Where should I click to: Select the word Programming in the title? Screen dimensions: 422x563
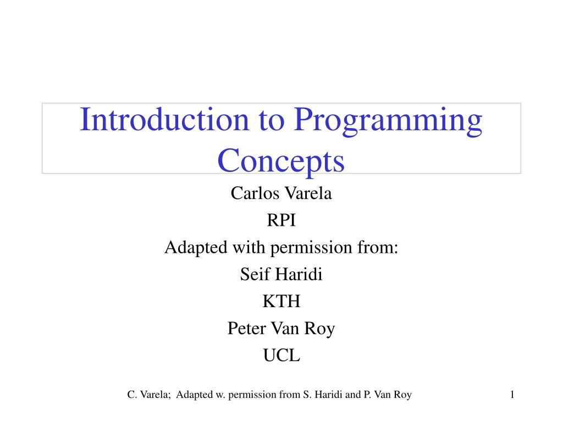pyautogui.click(x=388, y=122)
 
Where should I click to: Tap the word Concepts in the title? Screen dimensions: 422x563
pyautogui.click(x=281, y=161)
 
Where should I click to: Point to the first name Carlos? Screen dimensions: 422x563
pyautogui.click(x=250, y=193)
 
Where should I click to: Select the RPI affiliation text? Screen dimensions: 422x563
pyautogui.click(x=281, y=220)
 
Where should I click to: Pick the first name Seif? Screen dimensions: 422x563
pyautogui.click(x=253, y=274)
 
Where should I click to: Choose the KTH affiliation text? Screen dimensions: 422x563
pyautogui.click(x=281, y=302)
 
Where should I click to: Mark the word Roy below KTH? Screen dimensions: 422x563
pyautogui.click(x=322, y=329)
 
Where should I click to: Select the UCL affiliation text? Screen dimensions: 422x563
pyautogui.click(x=281, y=356)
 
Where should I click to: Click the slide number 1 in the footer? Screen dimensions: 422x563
pyautogui.click(x=511, y=394)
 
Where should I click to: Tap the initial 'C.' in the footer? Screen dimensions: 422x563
pyautogui.click(x=131, y=394)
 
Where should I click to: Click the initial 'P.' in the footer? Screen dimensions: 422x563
pyautogui.click(x=367, y=394)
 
